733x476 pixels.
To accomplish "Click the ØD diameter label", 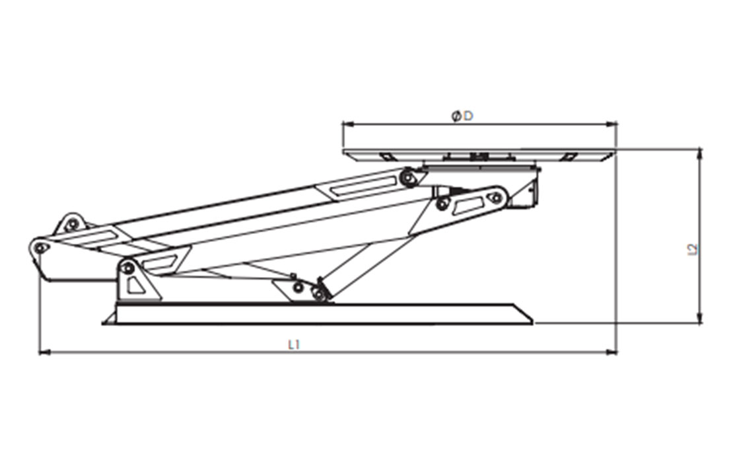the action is (462, 115).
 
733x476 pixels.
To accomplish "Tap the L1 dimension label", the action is (294, 344).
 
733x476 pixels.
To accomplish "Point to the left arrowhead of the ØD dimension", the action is (347, 124).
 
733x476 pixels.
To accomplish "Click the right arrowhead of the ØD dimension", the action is (611, 124).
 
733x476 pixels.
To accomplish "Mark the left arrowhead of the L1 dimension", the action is (44, 352).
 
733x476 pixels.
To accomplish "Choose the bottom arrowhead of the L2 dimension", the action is (699, 318).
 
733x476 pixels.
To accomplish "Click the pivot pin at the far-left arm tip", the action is (40, 248).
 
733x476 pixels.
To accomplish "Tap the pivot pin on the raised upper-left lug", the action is (72, 224).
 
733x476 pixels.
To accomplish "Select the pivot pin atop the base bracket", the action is (127, 268).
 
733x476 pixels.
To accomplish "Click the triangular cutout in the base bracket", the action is (135, 285).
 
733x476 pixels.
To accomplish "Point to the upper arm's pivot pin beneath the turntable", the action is (409, 178).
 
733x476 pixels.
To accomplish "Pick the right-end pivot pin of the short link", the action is (495, 198).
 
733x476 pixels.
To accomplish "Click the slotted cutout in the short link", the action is (468, 204).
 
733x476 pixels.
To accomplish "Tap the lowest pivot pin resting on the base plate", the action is (320, 294).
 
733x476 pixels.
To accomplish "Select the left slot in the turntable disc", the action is (386, 156).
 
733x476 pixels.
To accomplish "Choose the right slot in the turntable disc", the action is (568, 156).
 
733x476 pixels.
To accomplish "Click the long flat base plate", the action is (318, 314).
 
